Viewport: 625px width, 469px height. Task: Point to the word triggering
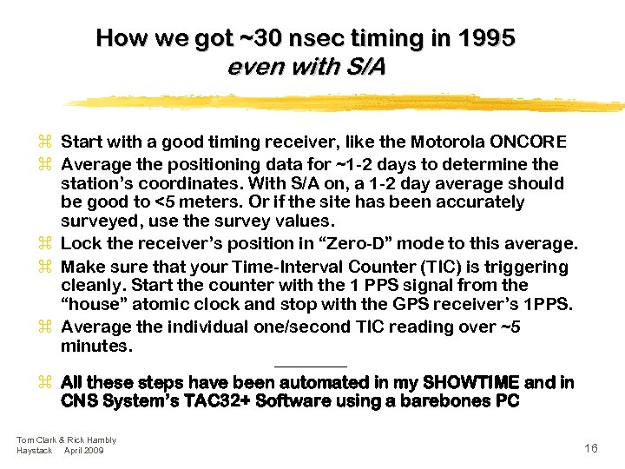[x=530, y=267]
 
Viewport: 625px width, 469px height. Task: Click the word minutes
[x=95, y=346]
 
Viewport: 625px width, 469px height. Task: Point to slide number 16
[x=591, y=448]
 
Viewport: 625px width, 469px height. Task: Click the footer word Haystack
[x=34, y=451]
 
